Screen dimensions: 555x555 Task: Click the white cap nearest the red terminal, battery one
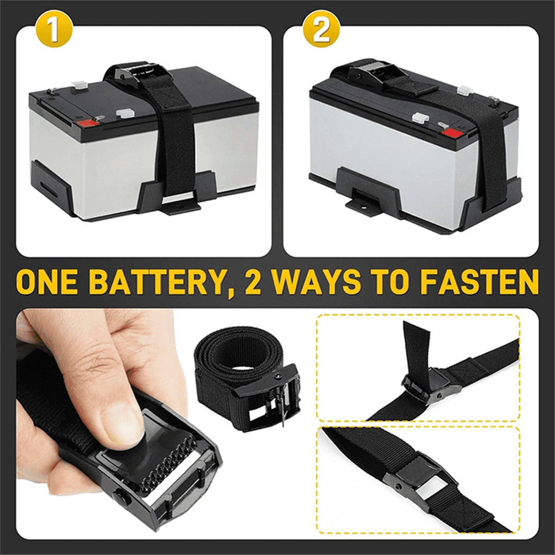coord(124,112)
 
